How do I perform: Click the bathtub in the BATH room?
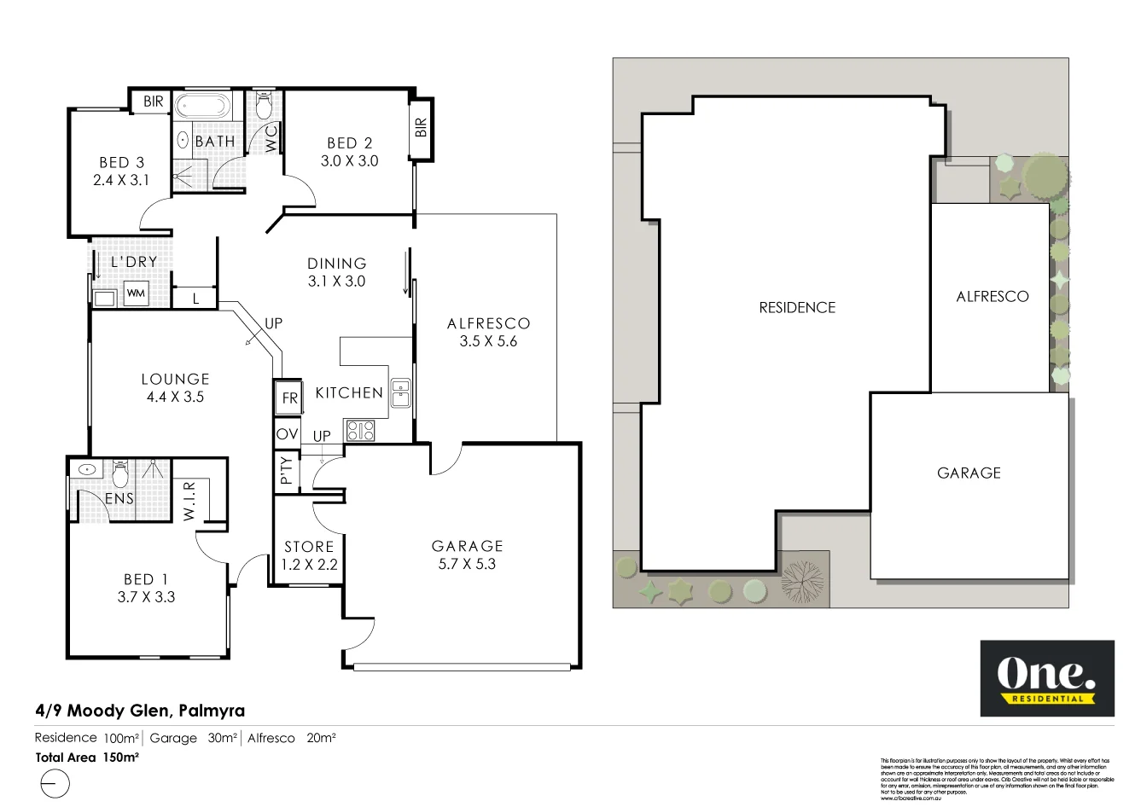[203, 107]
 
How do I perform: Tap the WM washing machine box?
[136, 293]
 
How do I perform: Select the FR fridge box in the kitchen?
[288, 398]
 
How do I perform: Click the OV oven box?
[288, 434]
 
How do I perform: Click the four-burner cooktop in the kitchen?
[359, 431]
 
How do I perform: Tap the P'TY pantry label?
[287, 470]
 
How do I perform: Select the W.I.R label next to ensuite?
[189, 500]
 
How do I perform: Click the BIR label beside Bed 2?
[421, 128]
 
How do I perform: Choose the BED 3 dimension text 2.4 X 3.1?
[121, 180]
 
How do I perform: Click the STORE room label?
[309, 547]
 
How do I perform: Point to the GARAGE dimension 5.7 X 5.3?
[467, 564]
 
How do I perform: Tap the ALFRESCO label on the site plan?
[992, 297]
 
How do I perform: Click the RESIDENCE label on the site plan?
[797, 308]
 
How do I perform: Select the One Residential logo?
[1046, 678]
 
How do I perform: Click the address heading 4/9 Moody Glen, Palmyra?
[140, 710]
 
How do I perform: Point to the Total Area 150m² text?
[87, 757]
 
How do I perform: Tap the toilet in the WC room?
[263, 106]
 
